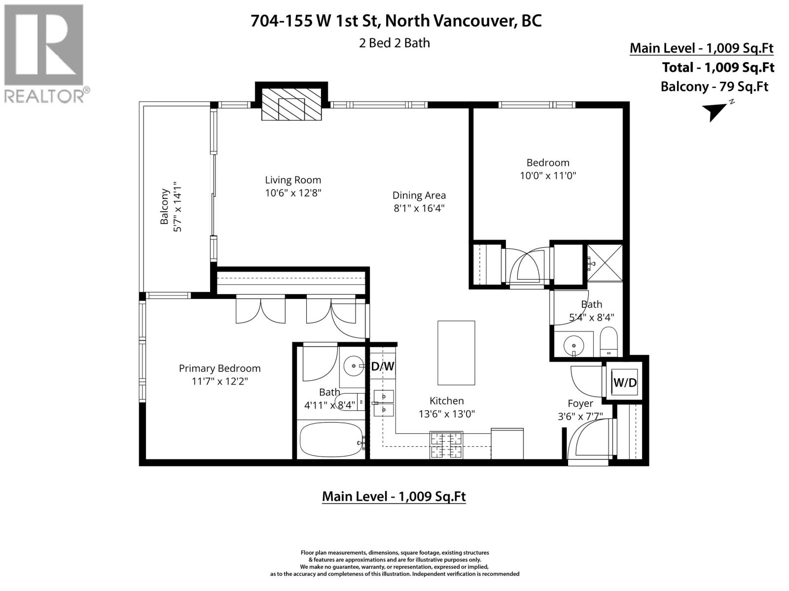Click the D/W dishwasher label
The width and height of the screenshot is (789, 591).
[x=383, y=366]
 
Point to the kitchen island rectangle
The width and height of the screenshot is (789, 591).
[x=456, y=353]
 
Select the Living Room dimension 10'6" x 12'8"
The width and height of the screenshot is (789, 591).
[x=293, y=193]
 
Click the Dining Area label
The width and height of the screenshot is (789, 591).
[x=419, y=195]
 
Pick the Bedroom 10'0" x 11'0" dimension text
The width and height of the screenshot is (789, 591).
[x=547, y=175]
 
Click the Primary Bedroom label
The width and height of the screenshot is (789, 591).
[x=219, y=368]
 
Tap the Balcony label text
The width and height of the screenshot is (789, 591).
[x=165, y=207]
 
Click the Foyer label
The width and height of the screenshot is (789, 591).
[x=580, y=403]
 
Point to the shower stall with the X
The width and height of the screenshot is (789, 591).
[x=605, y=263]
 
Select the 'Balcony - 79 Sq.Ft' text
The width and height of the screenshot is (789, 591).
[x=714, y=87]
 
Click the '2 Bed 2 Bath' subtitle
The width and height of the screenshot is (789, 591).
[x=394, y=43]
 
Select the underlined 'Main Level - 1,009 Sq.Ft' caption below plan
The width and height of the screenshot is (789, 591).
[x=394, y=496]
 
